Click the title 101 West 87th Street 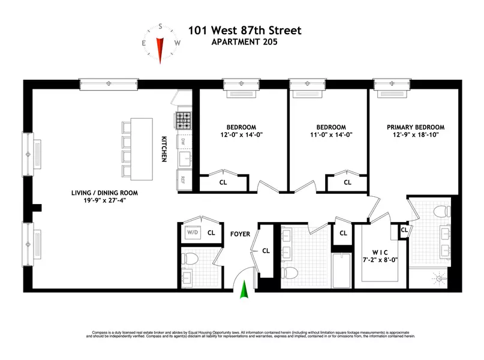[245, 30]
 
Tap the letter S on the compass [161, 26]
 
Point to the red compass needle [160, 46]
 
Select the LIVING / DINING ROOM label [103, 193]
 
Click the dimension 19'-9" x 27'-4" [103, 201]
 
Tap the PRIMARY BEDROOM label [416, 127]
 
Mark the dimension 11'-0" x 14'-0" [331, 136]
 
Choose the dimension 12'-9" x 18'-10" [416, 136]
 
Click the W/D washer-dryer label [193, 232]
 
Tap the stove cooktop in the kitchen [183, 120]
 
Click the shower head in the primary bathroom [441, 277]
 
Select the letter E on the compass [145, 43]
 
